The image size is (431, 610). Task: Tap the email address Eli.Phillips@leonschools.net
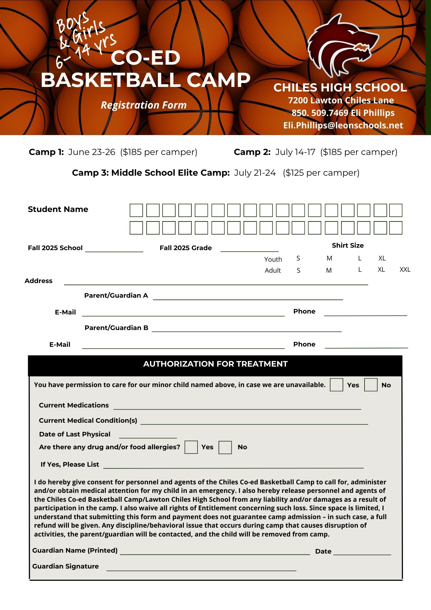pyautogui.click(x=343, y=125)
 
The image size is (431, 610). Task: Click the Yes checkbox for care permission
pyautogui.click(x=336, y=385)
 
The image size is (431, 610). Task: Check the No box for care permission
pyautogui.click(x=371, y=385)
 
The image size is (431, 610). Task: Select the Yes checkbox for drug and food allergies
pyautogui.click(x=191, y=447)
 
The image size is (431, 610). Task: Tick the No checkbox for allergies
pyautogui.click(x=225, y=447)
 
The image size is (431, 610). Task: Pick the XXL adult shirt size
pyautogui.click(x=405, y=270)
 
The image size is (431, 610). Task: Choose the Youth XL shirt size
pyautogui.click(x=382, y=258)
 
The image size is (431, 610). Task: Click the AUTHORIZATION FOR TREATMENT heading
pyautogui.click(x=215, y=364)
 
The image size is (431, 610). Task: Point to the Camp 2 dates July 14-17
pyautogui.click(x=295, y=152)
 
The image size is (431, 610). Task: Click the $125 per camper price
pyautogui.click(x=321, y=173)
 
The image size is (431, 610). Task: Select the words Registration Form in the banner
pyautogui.click(x=144, y=105)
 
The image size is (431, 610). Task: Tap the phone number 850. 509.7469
pyautogui.click(x=320, y=113)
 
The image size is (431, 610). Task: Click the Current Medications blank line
pyautogui.click(x=237, y=407)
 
